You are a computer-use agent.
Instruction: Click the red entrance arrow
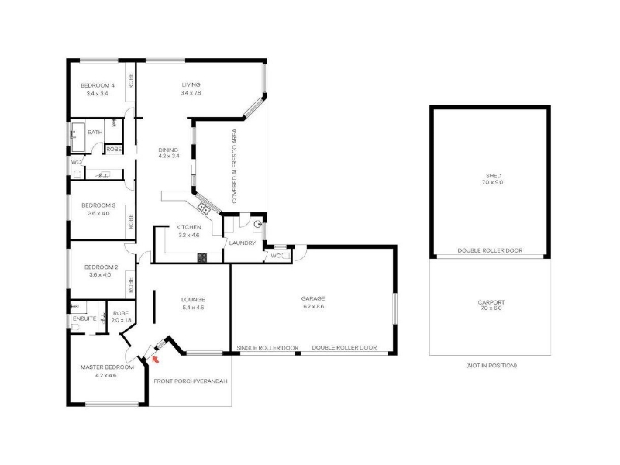click(156, 360)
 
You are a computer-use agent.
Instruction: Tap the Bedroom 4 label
click(98, 85)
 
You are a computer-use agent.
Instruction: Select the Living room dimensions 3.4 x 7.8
click(191, 93)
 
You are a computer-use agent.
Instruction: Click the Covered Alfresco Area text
click(235, 166)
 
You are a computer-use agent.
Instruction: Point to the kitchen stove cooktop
click(202, 258)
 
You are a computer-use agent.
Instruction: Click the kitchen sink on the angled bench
click(204, 208)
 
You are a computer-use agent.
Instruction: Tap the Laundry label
click(243, 243)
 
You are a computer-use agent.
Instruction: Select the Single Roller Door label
click(267, 348)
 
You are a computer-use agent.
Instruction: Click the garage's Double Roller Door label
click(344, 347)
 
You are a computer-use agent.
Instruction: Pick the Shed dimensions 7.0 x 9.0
click(493, 182)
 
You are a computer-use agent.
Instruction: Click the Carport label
click(491, 302)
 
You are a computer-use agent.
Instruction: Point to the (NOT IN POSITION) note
click(491, 365)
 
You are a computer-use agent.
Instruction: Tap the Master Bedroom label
click(107, 367)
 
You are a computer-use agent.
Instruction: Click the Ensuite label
click(84, 319)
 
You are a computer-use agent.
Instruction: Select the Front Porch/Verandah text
click(191, 381)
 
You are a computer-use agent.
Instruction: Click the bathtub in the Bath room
click(78, 137)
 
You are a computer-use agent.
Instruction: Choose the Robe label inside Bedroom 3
click(130, 222)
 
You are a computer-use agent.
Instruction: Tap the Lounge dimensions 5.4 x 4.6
click(193, 308)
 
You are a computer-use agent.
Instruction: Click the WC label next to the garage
click(276, 256)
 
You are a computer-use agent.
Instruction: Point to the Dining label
click(168, 150)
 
